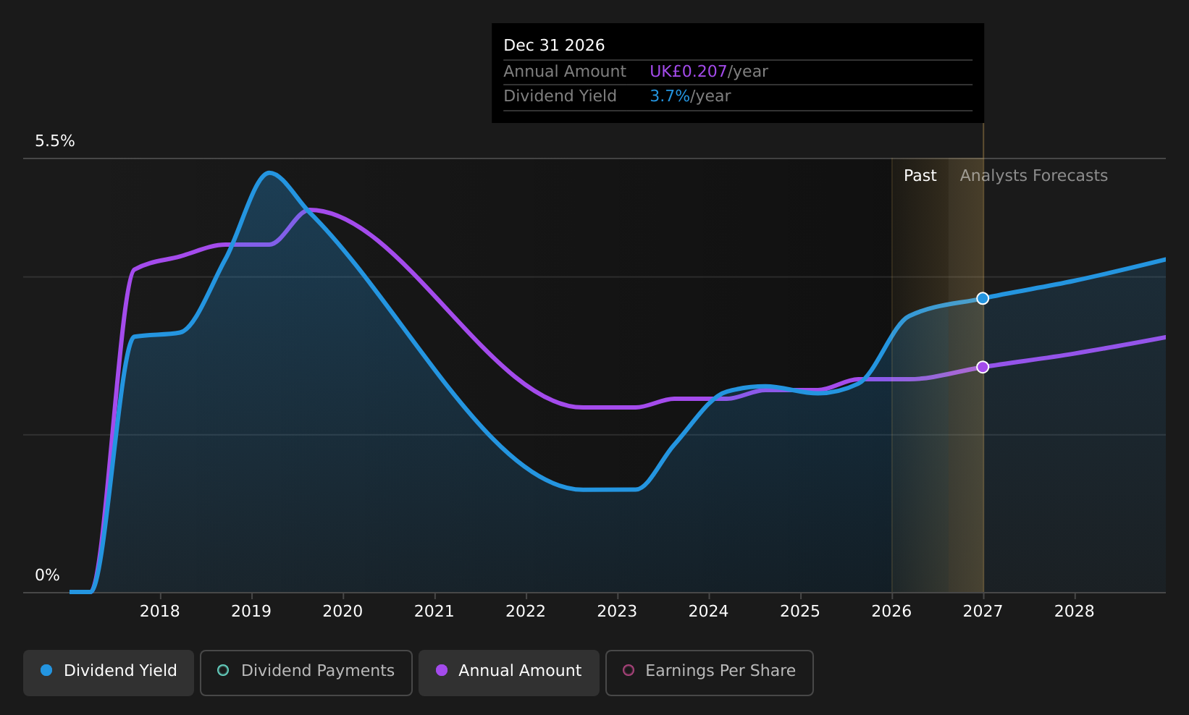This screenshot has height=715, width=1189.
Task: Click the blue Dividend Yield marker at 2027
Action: click(983, 299)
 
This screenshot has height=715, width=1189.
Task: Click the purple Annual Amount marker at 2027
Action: click(983, 367)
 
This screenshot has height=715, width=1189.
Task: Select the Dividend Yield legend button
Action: click(109, 672)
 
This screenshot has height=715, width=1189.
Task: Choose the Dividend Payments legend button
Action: click(306, 672)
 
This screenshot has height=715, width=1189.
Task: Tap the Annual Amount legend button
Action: click(508, 672)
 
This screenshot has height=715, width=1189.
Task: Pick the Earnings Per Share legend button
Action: click(709, 672)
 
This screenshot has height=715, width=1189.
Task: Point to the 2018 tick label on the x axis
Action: click(160, 612)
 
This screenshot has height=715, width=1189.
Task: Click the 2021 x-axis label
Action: click(434, 612)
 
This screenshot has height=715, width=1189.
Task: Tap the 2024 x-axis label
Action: click(709, 612)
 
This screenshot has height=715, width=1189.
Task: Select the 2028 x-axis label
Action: click(1075, 612)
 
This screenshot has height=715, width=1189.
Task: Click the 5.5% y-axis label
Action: click(55, 141)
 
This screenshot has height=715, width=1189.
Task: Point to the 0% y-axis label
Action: click(47, 575)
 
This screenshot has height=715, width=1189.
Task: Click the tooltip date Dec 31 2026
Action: click(554, 46)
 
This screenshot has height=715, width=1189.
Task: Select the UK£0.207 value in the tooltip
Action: click(688, 71)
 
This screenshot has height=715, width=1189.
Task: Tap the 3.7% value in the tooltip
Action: click(670, 96)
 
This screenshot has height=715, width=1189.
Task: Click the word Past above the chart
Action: click(920, 176)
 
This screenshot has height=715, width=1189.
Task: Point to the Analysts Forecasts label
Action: click(1033, 176)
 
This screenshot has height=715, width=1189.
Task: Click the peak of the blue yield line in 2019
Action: click(269, 173)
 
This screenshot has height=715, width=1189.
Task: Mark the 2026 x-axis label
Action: click(892, 612)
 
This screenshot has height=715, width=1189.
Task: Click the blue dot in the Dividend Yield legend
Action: click(47, 670)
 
